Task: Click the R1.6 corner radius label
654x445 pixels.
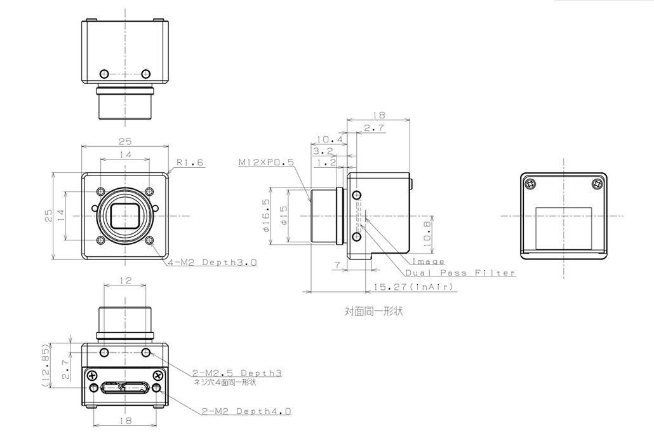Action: [190, 163]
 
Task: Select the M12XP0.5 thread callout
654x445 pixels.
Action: [266, 163]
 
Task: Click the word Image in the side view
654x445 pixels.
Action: [429, 261]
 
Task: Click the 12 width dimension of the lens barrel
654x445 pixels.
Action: [125, 280]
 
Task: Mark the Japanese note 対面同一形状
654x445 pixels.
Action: [374, 311]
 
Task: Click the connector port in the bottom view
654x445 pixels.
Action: [125, 387]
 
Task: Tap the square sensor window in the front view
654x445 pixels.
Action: [125, 216]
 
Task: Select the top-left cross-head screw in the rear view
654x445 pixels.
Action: [531, 184]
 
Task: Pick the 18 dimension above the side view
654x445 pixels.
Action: [378, 116]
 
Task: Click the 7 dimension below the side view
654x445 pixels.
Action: [337, 264]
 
